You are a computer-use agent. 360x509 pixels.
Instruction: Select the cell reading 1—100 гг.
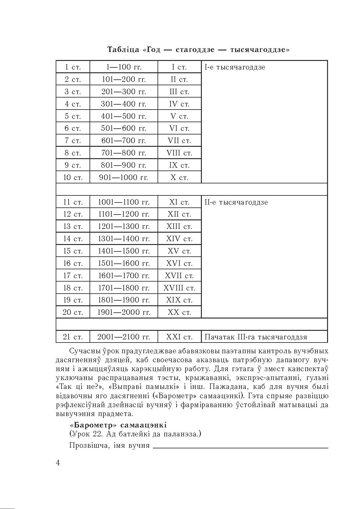(124, 67)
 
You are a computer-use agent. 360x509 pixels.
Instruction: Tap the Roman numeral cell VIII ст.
(179, 153)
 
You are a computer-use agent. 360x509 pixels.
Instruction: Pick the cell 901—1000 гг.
(124, 178)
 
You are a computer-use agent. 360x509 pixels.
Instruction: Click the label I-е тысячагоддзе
(235, 67)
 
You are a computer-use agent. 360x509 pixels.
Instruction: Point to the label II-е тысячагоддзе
(236, 202)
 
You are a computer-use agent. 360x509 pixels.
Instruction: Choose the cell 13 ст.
(73, 226)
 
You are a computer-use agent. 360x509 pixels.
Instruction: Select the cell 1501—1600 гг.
(124, 263)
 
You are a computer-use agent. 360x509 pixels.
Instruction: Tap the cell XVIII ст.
(179, 288)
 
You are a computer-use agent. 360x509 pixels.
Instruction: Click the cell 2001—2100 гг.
(124, 337)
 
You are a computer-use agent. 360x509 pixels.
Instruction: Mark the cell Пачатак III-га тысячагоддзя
(256, 337)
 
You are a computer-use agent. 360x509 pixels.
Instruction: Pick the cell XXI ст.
(179, 337)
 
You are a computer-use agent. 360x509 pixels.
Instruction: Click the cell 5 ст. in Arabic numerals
(73, 116)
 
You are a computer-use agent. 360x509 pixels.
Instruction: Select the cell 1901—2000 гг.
(124, 312)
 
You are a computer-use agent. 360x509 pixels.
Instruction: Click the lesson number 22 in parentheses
(96, 434)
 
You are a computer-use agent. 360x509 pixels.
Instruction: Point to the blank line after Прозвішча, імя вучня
(240, 447)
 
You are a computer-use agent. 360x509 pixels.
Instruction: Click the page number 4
(58, 463)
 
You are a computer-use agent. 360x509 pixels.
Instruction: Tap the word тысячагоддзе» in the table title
(259, 50)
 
